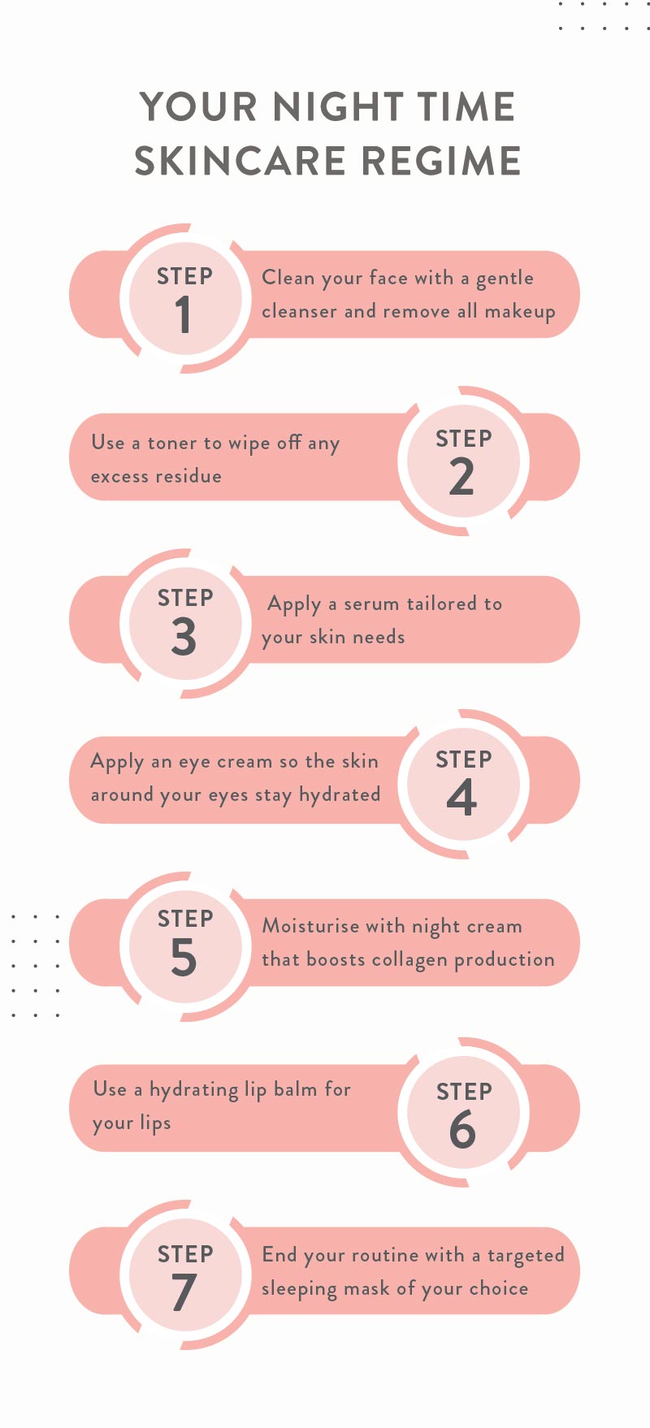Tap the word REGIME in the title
(441, 160)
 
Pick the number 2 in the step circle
(461, 476)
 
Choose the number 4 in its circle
(461, 798)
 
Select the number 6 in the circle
(462, 1129)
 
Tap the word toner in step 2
(171, 444)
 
